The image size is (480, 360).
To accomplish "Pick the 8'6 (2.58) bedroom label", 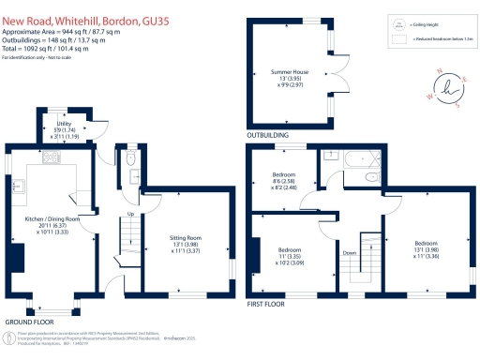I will (x=284, y=180).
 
